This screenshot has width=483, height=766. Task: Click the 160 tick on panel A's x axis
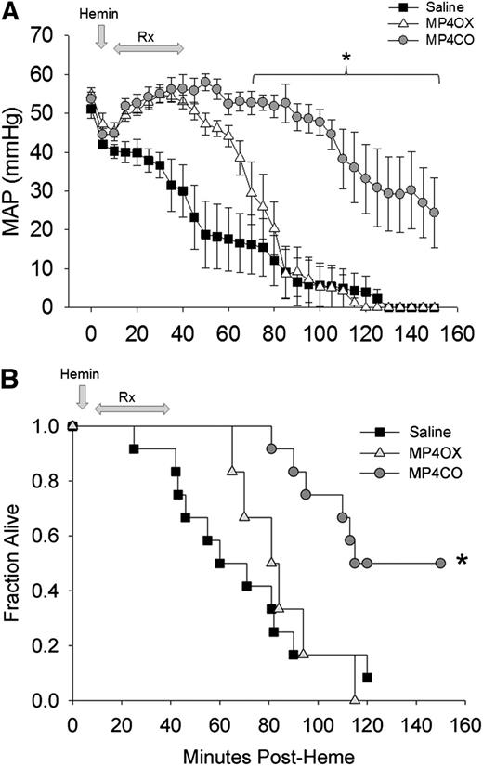pos(457,332)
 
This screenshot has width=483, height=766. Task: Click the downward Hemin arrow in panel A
pos(100,35)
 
